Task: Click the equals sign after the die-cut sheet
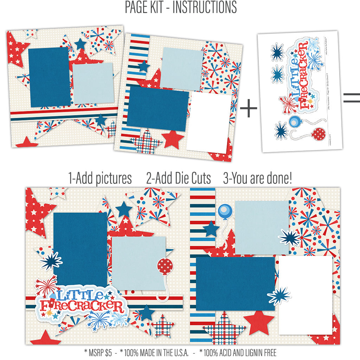pyautogui.click(x=351, y=98)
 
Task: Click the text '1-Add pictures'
pyautogui.click(x=100, y=179)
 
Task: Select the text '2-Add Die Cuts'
pyautogui.click(x=178, y=179)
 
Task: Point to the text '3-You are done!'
pyautogui.click(x=257, y=179)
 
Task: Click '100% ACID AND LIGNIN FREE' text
pyautogui.click(x=238, y=352)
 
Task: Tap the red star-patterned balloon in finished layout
pyautogui.click(x=163, y=266)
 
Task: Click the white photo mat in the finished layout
pyautogui.click(x=306, y=295)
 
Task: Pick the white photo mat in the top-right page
pyautogui.click(x=208, y=122)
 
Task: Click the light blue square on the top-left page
pyautogui.click(x=93, y=83)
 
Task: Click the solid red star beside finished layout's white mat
pyautogui.click(x=259, y=322)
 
